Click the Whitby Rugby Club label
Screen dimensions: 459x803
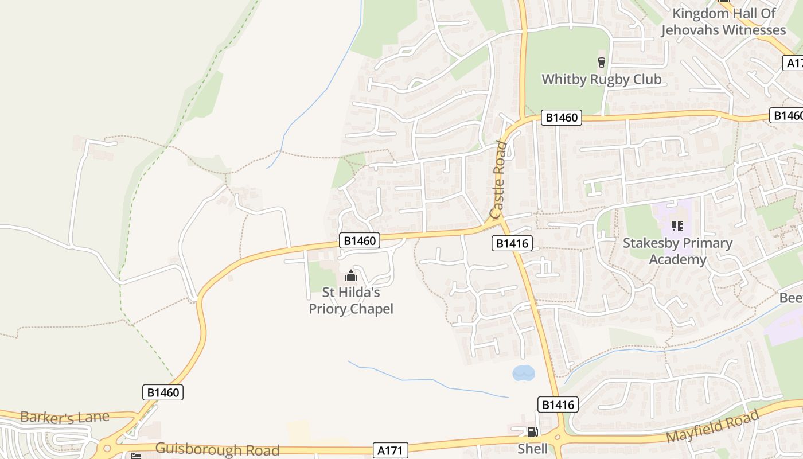pos(601,79)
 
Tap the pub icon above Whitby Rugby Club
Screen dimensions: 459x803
pos(601,63)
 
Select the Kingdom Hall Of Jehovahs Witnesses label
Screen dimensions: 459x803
pos(723,22)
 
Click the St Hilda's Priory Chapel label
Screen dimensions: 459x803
pos(351,301)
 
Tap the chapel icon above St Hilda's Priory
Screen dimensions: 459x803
pos(351,275)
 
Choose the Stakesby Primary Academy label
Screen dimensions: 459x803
pos(677,251)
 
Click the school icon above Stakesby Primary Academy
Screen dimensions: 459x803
pos(677,226)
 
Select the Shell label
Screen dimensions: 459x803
pos(532,449)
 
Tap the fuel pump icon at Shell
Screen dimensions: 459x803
pos(532,432)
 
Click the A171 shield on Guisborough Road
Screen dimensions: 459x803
pos(391,451)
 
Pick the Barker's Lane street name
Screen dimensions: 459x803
pos(64,417)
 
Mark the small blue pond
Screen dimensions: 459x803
pos(523,374)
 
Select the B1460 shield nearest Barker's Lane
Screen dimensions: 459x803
pos(163,392)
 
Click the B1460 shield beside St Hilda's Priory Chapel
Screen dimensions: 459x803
pos(360,240)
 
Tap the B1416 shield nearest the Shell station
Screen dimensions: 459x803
pos(558,404)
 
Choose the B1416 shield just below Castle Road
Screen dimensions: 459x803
pos(512,243)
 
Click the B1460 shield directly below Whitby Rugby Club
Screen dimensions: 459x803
pos(562,118)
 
